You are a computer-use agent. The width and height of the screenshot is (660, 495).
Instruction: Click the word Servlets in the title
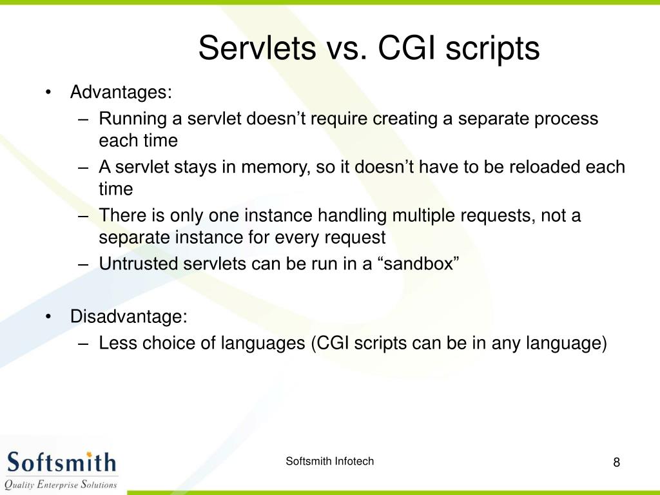click(x=257, y=48)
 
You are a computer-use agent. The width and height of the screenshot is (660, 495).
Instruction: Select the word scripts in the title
click(x=492, y=50)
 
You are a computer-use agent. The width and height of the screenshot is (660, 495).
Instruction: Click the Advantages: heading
click(x=121, y=92)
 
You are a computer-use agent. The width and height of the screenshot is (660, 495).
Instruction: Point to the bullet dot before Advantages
click(x=48, y=92)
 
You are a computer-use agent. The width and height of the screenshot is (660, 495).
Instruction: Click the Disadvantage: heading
click(x=129, y=316)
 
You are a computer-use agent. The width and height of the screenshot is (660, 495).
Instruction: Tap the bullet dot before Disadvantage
click(x=48, y=316)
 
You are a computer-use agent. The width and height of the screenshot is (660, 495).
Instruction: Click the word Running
click(x=133, y=119)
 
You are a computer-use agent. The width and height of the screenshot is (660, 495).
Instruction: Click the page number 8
click(x=617, y=462)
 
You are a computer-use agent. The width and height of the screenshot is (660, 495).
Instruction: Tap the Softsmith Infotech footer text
click(x=329, y=461)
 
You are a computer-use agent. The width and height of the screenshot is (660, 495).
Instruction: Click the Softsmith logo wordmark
click(x=61, y=461)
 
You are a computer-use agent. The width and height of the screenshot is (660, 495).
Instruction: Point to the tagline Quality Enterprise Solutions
click(x=61, y=485)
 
